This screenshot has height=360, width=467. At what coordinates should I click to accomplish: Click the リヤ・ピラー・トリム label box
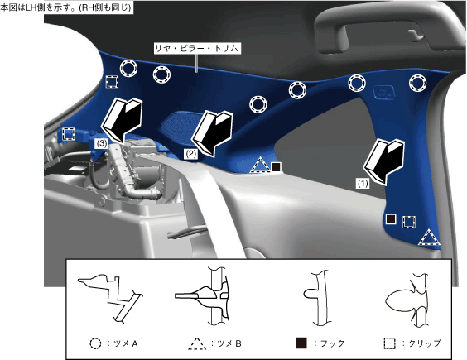click(x=197, y=48)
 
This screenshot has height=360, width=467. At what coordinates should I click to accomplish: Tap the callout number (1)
click(x=363, y=184)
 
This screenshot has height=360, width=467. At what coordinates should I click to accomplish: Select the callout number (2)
click(x=190, y=154)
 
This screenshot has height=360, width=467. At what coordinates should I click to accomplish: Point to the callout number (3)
click(x=102, y=143)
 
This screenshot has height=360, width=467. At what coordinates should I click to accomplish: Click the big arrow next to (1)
click(x=384, y=161)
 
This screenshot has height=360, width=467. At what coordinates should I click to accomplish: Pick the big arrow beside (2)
click(x=212, y=133)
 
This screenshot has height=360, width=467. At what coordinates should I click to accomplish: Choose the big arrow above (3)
click(x=122, y=120)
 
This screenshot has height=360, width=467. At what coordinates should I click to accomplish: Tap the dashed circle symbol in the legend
click(x=95, y=343)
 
